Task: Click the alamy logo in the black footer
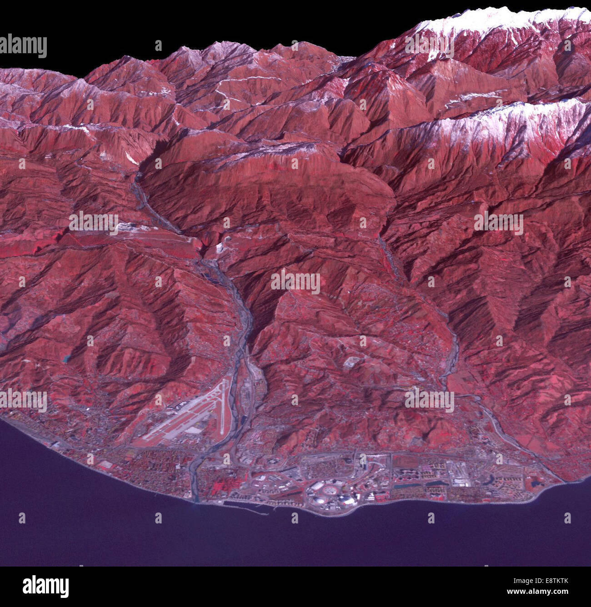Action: click(45, 586)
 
